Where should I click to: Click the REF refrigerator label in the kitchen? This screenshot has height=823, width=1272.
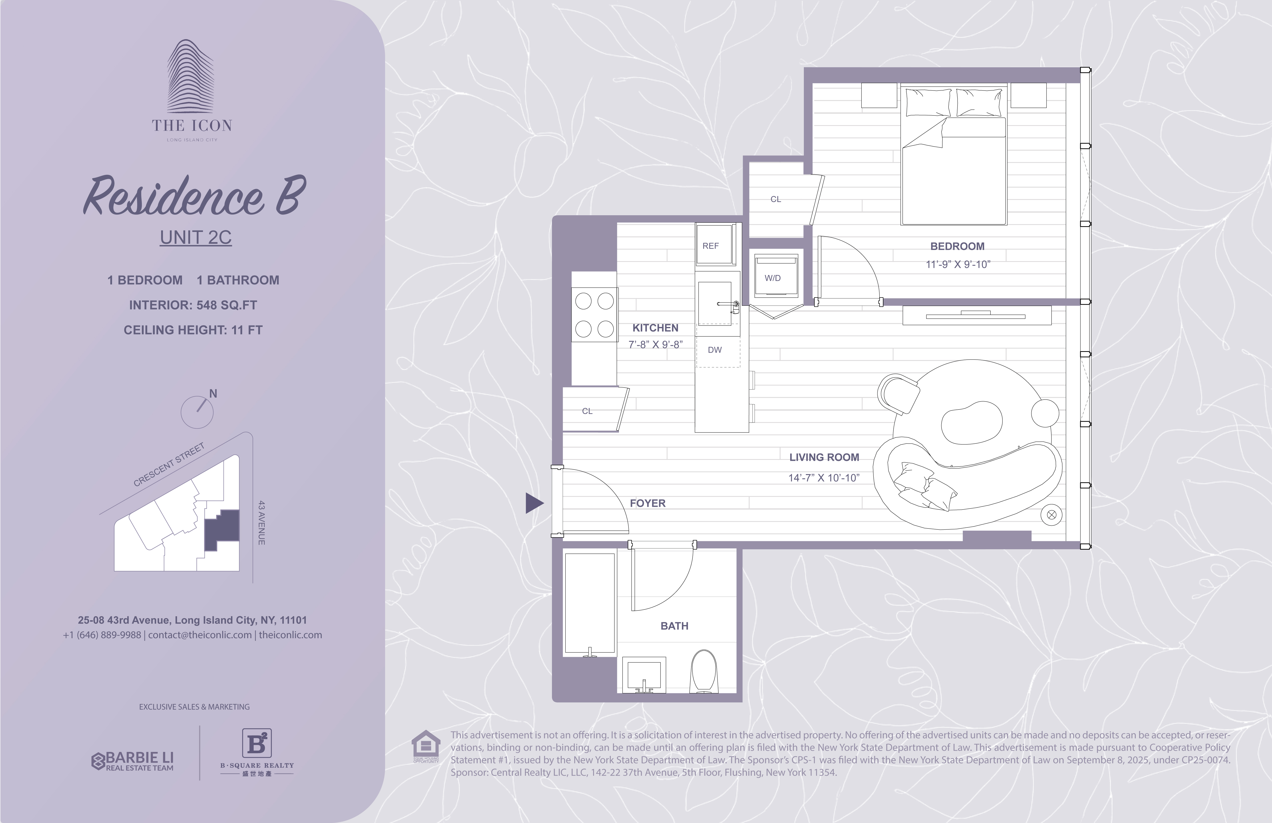coord(710,246)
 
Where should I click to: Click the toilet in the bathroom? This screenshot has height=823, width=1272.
coord(704,671)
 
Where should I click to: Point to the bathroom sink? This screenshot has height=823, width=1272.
coord(644,674)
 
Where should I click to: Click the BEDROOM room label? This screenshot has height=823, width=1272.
coord(957,246)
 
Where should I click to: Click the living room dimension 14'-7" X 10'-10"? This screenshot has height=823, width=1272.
coord(824,478)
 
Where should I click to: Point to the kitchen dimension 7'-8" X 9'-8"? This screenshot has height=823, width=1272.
coord(655,345)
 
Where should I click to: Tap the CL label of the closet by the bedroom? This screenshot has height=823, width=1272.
coord(775,199)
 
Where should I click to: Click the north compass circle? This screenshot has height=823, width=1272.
coord(197,412)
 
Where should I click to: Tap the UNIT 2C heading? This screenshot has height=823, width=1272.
coord(196,237)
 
